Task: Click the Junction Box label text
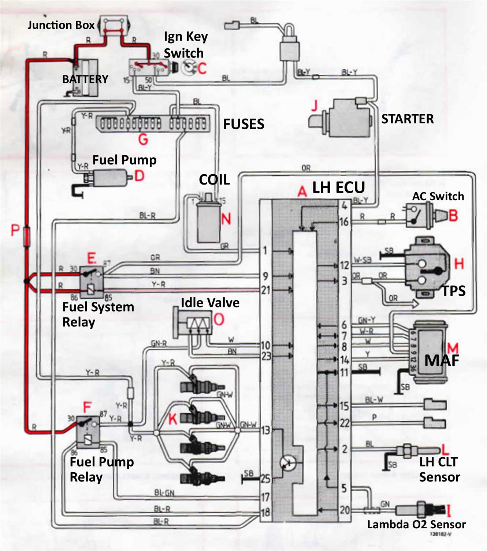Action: (61, 25)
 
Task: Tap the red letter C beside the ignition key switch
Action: (202, 68)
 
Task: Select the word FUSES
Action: (243, 124)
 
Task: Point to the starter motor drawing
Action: (341, 118)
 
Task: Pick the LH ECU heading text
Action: (338, 187)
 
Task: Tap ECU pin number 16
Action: (344, 221)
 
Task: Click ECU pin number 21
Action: (265, 290)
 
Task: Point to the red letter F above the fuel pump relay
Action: (87, 407)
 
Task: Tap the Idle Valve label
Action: (210, 303)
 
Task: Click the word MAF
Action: (442, 360)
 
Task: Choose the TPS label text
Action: (454, 291)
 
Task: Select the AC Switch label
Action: (438, 196)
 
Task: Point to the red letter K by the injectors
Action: (172, 419)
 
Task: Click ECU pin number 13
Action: (265, 430)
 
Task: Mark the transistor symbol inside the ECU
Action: (286, 463)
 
